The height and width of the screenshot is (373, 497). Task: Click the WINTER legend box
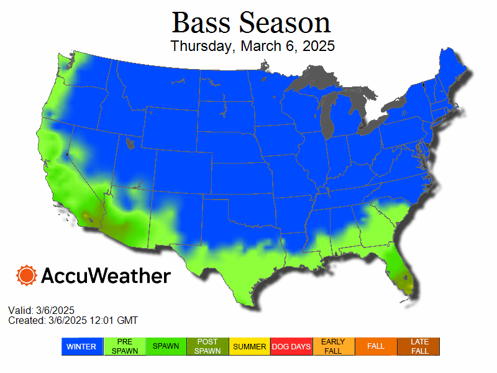82,346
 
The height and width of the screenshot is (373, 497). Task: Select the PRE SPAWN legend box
124,346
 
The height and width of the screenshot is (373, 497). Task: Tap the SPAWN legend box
166,346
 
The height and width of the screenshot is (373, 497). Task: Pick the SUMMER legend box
250,346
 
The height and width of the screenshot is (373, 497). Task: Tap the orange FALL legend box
376,346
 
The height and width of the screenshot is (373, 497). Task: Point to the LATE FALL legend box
418,346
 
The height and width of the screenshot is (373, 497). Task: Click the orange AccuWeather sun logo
27,275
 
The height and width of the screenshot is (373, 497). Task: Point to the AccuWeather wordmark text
106,275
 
